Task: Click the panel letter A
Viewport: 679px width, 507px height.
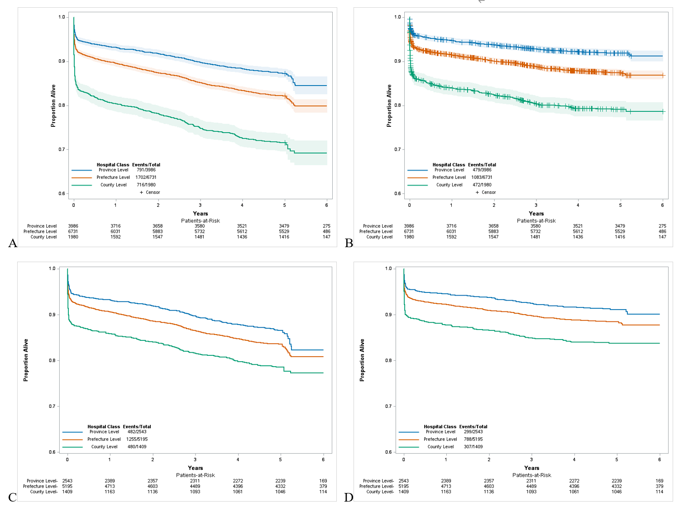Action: [x=13, y=244]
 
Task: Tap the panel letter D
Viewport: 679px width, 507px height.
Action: [x=349, y=497]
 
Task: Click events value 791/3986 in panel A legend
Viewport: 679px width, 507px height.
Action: [x=146, y=170]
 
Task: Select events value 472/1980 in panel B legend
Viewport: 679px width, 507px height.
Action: [x=482, y=185]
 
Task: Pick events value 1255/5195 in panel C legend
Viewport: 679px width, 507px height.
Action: [x=137, y=439]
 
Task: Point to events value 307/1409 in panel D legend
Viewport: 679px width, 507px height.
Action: [x=473, y=447]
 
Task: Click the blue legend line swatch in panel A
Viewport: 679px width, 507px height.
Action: [x=81, y=170]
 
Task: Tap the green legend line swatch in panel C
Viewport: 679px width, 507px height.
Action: [x=72, y=447]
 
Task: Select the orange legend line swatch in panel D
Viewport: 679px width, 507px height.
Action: [x=409, y=440]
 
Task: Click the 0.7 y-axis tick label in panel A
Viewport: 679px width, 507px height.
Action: [x=62, y=149]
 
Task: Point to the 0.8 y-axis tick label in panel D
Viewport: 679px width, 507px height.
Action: [x=388, y=361]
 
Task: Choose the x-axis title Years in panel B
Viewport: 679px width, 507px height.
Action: [x=536, y=214]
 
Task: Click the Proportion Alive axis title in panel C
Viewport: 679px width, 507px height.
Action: [x=26, y=360]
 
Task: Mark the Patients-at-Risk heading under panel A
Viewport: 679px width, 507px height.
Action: [x=201, y=221]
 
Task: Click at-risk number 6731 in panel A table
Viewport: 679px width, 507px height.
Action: [x=73, y=231]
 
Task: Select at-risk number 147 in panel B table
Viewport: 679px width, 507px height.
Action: [x=662, y=237]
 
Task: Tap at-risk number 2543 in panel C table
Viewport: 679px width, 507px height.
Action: [x=67, y=481]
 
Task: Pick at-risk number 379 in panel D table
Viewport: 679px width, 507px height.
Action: [x=660, y=486]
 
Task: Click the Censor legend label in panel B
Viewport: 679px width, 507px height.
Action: [x=488, y=192]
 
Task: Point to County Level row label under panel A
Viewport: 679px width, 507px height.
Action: [x=43, y=237]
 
